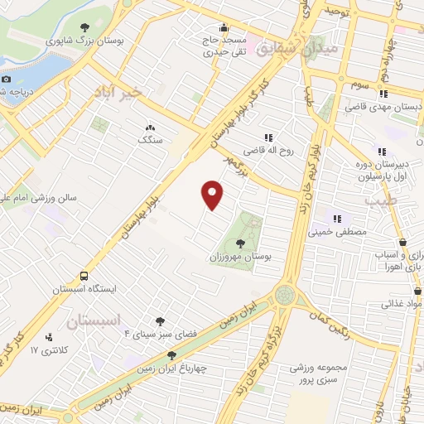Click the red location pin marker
[213, 195]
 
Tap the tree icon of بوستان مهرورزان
[240, 243]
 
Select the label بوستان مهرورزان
[240, 258]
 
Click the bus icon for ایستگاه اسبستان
[83, 276]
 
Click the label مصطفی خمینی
[337, 233]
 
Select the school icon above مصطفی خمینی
[337, 219]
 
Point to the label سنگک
[150, 141]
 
